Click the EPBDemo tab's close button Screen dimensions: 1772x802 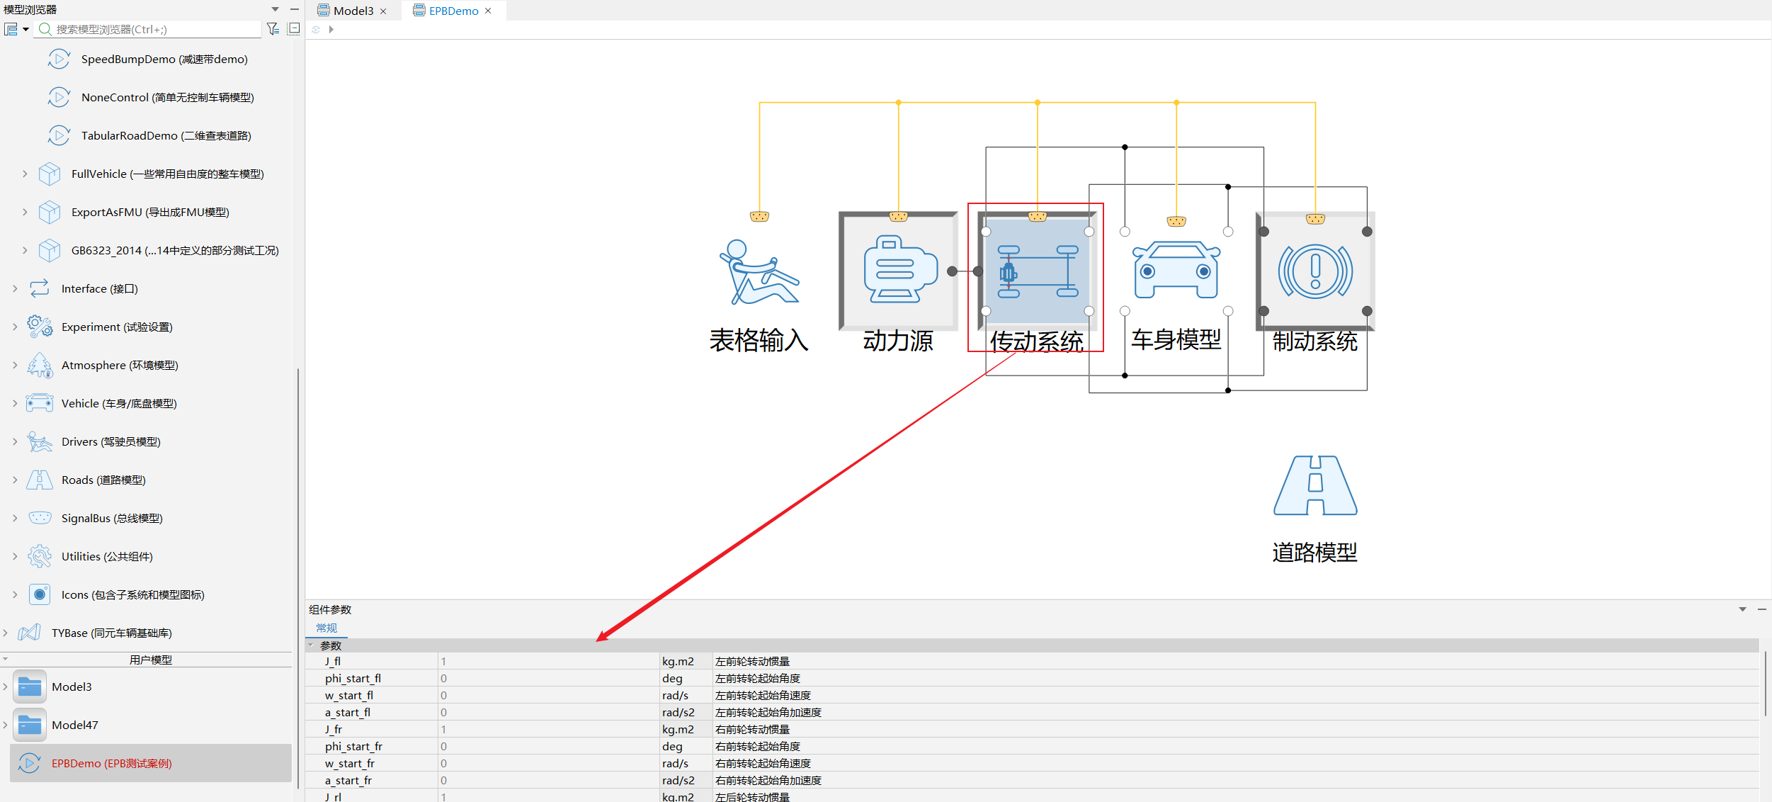click(488, 11)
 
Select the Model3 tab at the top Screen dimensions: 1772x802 click(353, 11)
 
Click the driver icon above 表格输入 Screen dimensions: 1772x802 click(759, 272)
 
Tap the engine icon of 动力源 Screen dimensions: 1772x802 click(900, 269)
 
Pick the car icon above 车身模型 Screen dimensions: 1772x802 click(1176, 270)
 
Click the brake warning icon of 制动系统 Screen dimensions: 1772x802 click(1315, 271)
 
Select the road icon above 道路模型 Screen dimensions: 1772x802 click(1315, 485)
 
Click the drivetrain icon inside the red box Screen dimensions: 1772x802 click(1038, 271)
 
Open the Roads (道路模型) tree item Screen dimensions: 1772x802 click(103, 480)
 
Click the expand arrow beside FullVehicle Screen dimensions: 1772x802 click(25, 174)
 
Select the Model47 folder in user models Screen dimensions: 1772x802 click(75, 725)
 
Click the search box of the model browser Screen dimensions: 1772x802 click(156, 29)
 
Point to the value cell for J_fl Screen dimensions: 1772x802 click(548, 661)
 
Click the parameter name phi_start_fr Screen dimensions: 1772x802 click(353, 746)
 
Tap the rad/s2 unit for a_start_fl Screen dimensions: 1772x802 click(678, 712)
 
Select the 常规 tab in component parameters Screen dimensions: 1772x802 click(326, 628)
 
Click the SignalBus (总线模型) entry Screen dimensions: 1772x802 click(112, 518)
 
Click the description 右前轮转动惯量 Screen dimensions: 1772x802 click(752, 729)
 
